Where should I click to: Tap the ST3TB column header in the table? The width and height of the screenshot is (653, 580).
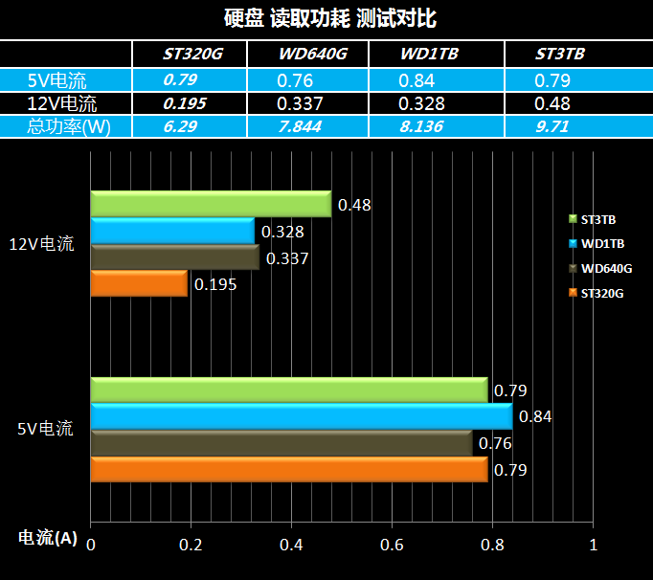[x=560, y=54]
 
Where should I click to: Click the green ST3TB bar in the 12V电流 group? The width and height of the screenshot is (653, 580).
[x=211, y=205]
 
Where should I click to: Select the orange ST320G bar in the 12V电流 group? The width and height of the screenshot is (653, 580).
[x=139, y=284]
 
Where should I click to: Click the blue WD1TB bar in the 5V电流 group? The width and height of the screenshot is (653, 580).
[x=302, y=416]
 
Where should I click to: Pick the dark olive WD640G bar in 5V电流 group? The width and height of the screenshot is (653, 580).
[x=281, y=443]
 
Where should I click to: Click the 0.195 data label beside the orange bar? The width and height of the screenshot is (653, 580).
[x=214, y=284]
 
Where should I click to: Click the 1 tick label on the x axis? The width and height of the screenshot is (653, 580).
[x=594, y=544]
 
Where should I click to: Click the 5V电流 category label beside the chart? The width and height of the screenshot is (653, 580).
[x=45, y=429]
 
